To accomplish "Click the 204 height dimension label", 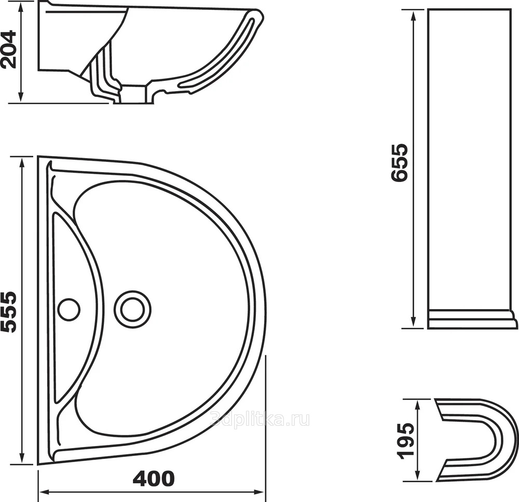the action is (x=8, y=49).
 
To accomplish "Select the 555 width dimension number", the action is (x=8, y=312).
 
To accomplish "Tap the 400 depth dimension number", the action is (x=154, y=478).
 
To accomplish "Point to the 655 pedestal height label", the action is (x=399, y=162).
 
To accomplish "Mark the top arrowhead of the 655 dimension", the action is (x=413, y=17).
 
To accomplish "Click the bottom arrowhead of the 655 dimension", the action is (x=413, y=323).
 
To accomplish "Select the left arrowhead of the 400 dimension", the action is (x=45, y=492).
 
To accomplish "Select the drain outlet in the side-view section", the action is (x=134, y=94).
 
